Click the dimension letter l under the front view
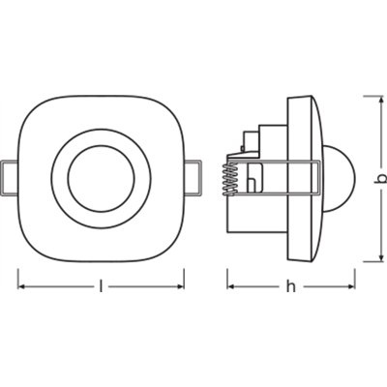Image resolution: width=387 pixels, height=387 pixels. [102, 286]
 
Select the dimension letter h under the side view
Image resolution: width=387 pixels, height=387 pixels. [290, 286]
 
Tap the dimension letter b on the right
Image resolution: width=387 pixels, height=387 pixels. [381, 177]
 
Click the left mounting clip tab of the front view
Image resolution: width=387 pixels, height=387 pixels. [10, 177]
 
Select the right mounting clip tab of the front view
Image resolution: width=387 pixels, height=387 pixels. [193, 177]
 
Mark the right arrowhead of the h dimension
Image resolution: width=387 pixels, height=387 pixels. [349, 286]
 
